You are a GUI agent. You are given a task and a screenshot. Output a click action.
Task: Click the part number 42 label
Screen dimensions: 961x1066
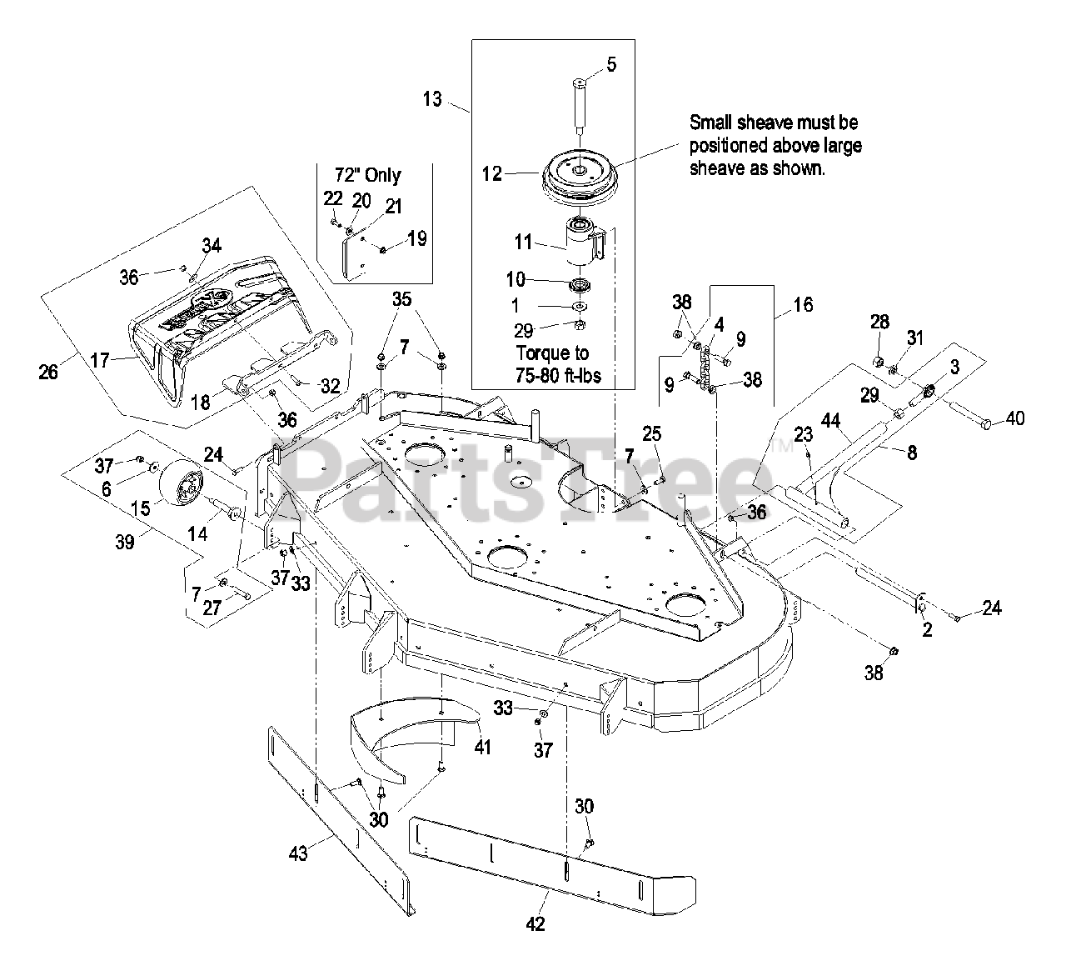coord(537,924)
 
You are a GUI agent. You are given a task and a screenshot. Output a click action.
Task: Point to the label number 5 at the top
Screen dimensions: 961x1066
coord(612,65)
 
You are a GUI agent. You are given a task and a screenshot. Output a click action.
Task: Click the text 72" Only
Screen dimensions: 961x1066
coord(366,175)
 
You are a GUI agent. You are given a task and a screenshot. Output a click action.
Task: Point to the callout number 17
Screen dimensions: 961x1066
coord(100,360)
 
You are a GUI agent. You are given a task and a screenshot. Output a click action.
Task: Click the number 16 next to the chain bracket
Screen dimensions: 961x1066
coord(803,305)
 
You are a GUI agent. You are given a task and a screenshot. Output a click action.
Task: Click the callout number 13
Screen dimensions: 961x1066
coord(431,98)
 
